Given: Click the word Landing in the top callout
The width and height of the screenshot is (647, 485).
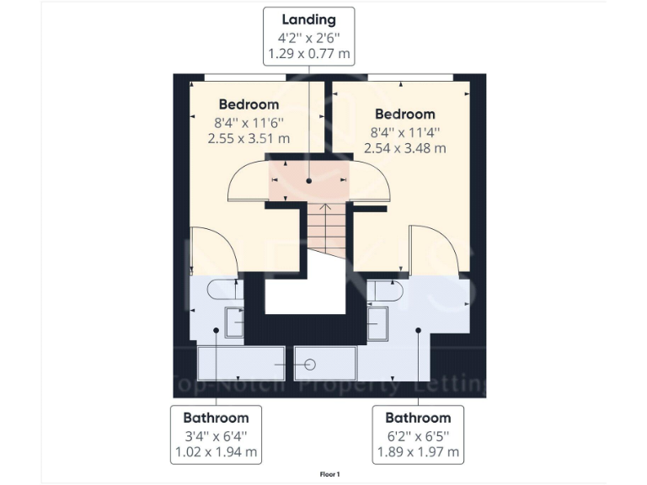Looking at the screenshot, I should pos(308,19).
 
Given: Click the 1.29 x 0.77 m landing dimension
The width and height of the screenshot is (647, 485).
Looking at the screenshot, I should pos(308,53).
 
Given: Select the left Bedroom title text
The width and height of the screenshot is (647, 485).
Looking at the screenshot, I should pos(249,104).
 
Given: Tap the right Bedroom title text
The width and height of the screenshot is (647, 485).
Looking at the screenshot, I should pos(405,114).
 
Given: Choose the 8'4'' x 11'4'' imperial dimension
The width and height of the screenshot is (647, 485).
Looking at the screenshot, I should pos(405,131).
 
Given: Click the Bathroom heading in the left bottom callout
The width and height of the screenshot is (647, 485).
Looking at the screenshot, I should pos(217,418).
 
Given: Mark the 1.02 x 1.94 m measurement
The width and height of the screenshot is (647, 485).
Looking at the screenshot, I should pos(217,452).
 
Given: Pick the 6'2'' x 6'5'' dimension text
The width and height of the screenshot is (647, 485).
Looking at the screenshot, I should pos(418,435).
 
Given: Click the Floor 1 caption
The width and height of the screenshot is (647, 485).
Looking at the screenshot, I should pos(329,475).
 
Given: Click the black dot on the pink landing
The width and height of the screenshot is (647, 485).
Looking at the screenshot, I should pos(308,181).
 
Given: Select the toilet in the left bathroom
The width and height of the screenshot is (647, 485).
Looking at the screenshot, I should pos(226,290).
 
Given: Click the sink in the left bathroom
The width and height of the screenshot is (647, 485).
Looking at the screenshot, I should pos(235,322).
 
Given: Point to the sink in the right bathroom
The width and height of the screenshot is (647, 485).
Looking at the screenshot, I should pos(377,322).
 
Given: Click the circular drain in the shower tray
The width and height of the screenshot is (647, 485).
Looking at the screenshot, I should pos(309,364).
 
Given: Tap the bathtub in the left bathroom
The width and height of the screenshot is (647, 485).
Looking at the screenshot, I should pos(239,363).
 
